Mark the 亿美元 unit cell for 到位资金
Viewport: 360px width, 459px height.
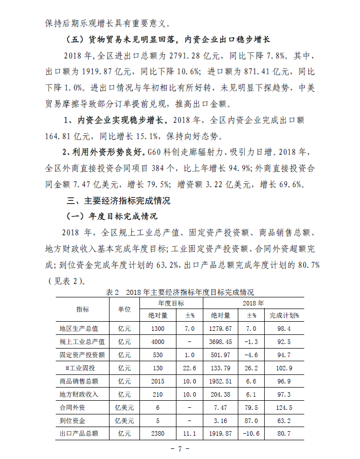pyautogui.click(x=124, y=420)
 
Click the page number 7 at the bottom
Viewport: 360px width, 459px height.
pyautogui.click(x=179, y=449)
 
